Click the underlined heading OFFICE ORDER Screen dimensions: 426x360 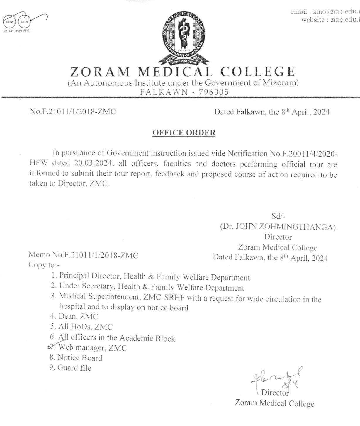(x=184, y=133)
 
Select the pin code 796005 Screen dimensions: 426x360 (x=214, y=92)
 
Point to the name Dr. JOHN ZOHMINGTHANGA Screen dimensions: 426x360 (x=278, y=227)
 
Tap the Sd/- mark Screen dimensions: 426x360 (x=278, y=216)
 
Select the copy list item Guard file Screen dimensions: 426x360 (x=74, y=368)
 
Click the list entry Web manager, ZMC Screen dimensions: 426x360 (x=92, y=348)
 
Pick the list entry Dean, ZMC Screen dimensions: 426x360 (x=78, y=316)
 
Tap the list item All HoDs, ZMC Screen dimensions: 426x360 (x=85, y=327)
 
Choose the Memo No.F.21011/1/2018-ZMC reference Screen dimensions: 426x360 (x=83, y=255)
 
